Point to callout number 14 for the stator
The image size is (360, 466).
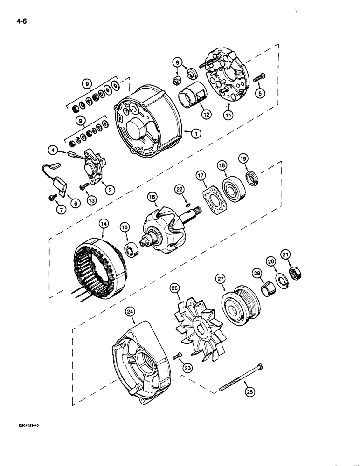tap(104, 224)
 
